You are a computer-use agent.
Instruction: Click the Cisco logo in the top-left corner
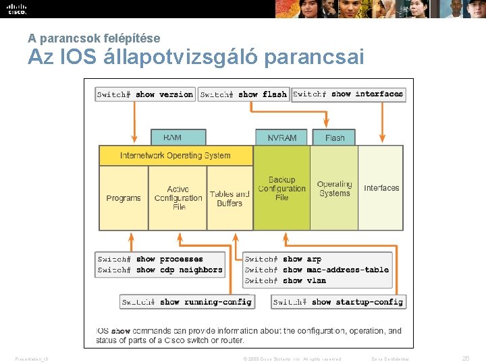(x=16, y=9)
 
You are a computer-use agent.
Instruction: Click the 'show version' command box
(x=145, y=94)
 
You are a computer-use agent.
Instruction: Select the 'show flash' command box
(x=244, y=94)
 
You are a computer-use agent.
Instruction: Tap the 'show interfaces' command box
(x=348, y=94)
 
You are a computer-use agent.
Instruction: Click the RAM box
(x=172, y=138)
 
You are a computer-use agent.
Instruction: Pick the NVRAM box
(x=281, y=138)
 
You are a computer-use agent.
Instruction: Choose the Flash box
(x=335, y=138)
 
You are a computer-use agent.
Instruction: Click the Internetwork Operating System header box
(x=175, y=156)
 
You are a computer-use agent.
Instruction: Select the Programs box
(x=124, y=198)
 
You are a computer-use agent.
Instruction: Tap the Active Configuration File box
(x=178, y=198)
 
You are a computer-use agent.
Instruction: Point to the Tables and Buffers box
(x=230, y=198)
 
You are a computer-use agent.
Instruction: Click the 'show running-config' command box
(x=186, y=302)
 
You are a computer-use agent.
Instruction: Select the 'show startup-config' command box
(x=338, y=302)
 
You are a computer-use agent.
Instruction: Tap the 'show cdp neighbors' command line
(x=160, y=270)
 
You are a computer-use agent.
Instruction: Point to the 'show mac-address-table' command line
(x=317, y=270)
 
